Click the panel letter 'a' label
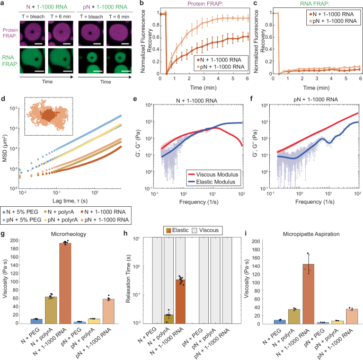click(x=3, y=4)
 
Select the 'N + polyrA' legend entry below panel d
click(x=66, y=211)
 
